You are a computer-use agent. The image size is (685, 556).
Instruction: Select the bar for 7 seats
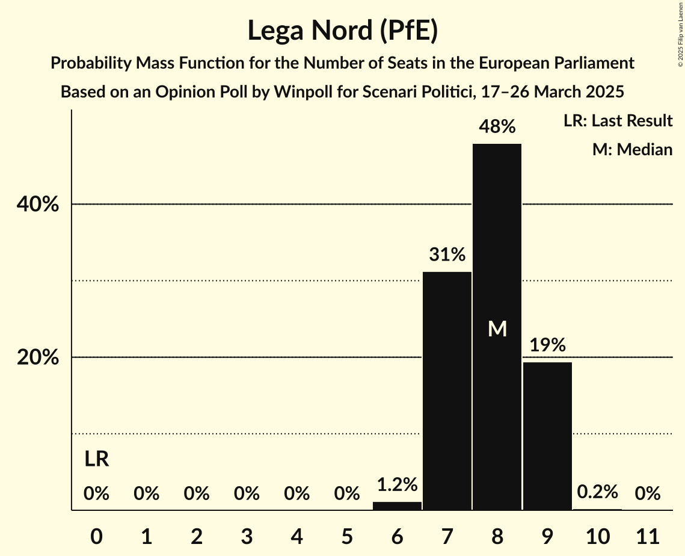(447, 391)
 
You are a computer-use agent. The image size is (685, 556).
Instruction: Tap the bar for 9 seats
(547, 436)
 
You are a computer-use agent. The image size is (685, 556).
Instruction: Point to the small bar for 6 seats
(397, 506)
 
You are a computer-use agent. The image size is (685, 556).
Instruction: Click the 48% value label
(497, 127)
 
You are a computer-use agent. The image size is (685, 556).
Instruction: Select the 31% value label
(447, 255)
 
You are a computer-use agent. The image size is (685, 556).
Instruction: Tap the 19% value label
(547, 345)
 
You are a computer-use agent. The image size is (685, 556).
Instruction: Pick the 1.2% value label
(397, 485)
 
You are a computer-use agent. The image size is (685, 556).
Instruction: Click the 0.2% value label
(597, 492)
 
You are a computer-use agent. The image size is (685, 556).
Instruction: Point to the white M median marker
(497, 329)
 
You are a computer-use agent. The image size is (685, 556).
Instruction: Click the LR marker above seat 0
(96, 460)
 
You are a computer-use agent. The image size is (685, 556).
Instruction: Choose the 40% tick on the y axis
(38, 205)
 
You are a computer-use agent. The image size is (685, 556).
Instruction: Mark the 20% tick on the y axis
(38, 357)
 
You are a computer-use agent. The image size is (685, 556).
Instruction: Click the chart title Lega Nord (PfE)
(342, 31)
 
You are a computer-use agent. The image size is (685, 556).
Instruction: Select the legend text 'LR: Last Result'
(618, 121)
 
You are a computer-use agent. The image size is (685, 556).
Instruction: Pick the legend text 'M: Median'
(632, 149)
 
